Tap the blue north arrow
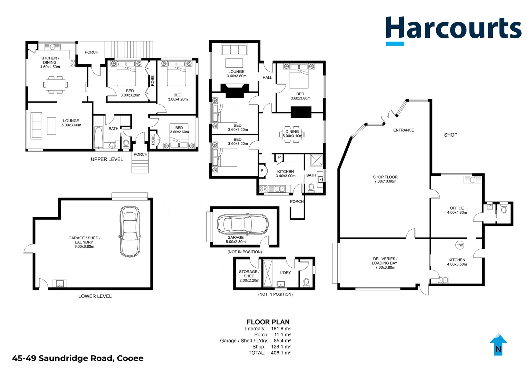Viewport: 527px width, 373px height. pyautogui.click(x=498, y=345)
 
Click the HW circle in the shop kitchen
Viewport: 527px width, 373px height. pyautogui.click(x=459, y=245)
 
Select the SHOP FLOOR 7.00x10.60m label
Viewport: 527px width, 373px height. pyautogui.click(x=385, y=179)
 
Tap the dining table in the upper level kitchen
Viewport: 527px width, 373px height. pyautogui.click(x=55, y=84)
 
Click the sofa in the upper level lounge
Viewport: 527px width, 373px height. pyautogui.click(x=36, y=126)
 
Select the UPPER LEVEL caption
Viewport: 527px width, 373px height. pyautogui.click(x=107, y=159)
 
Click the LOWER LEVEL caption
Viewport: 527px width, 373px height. pyautogui.click(x=95, y=296)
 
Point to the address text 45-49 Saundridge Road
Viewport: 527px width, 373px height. pyautogui.click(x=78, y=358)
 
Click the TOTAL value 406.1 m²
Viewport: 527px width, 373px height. pyautogui.click(x=280, y=353)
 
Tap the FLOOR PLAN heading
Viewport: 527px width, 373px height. pyautogui.click(x=268, y=322)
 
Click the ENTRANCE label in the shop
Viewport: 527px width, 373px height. pyautogui.click(x=403, y=130)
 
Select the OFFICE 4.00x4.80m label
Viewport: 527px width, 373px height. pyautogui.click(x=457, y=210)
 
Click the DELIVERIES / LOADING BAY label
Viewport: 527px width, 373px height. pyautogui.click(x=385, y=263)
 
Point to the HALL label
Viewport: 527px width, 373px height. pyautogui.click(x=267, y=78)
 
